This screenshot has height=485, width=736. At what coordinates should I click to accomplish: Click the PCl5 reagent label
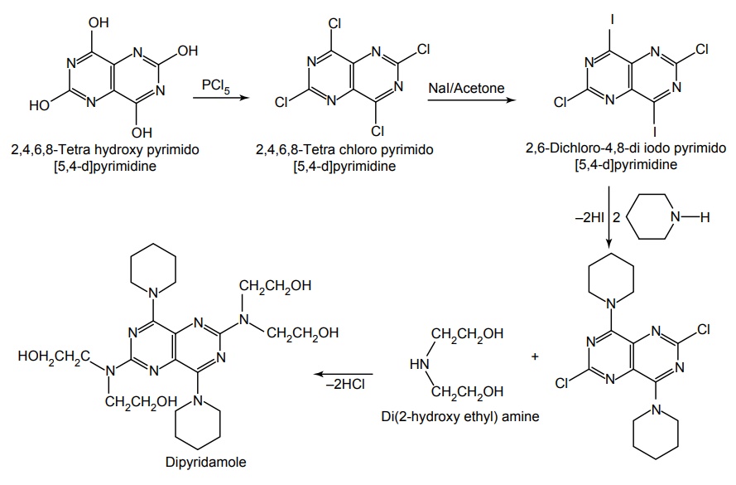coord(217,85)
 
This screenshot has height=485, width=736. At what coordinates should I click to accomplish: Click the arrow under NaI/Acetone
coord(468,100)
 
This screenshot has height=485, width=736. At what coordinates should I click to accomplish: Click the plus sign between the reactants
coord(535,358)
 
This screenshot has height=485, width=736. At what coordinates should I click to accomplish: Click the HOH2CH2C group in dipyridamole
coord(50,357)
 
